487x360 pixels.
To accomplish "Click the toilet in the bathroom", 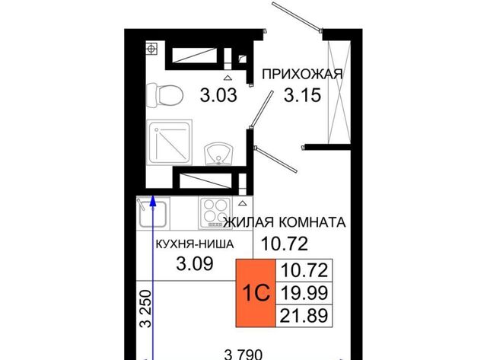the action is tap(164, 95).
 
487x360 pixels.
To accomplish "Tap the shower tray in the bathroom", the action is tap(169, 142).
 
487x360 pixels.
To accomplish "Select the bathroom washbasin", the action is tap(218, 155).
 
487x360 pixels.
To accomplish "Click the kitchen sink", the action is tap(153, 213).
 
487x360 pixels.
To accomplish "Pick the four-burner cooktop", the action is tap(215, 213).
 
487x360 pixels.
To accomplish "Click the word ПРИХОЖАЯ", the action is tap(302, 75).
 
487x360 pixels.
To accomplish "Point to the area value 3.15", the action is tap(302, 95).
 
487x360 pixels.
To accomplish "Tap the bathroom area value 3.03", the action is tap(218, 95).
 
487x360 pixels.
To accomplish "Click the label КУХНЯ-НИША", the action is tap(195, 244).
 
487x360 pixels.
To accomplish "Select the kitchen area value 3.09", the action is tap(195, 263).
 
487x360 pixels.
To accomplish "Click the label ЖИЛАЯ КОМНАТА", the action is tap(285, 222).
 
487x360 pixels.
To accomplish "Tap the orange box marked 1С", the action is tap(256, 293).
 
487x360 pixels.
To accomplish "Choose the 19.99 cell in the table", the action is tap(304, 293).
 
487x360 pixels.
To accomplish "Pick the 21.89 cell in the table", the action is tap(304, 316).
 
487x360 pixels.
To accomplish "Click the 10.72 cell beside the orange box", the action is tap(304, 270).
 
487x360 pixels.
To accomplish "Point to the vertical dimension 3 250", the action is tap(145, 309).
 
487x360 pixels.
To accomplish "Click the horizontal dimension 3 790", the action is tap(243, 355).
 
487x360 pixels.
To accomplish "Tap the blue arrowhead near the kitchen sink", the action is tap(152, 202).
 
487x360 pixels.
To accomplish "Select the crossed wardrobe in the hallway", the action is tap(339, 92).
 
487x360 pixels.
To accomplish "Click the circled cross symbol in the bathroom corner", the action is tap(151, 49).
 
